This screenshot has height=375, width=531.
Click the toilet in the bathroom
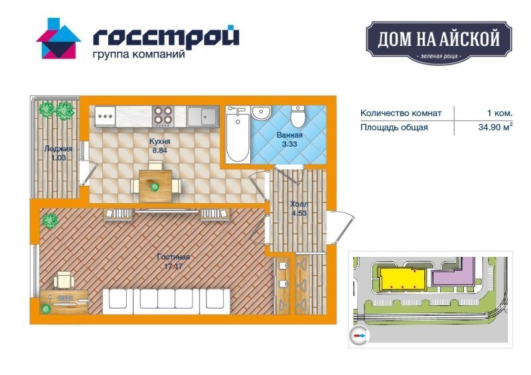pyautogui.click(x=298, y=116)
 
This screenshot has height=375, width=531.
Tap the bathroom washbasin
pyautogui.click(x=262, y=112)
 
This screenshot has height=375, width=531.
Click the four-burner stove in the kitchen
pyautogui.click(x=163, y=117)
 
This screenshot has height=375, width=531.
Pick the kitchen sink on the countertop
pyautogui.click(x=202, y=117)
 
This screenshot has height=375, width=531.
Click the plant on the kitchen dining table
pyautogui.click(x=155, y=187)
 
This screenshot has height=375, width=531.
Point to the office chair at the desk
pyautogui.click(x=64, y=280)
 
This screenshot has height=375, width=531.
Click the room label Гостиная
pyautogui.click(x=173, y=257)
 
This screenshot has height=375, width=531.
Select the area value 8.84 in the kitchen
pyautogui.click(x=159, y=151)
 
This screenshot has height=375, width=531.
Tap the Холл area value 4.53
pyautogui.click(x=299, y=214)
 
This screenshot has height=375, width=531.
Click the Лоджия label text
pyautogui.click(x=58, y=149)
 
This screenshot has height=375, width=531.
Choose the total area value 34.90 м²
pyautogui.click(x=495, y=127)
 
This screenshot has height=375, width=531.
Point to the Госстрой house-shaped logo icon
pyautogui.click(x=58, y=38)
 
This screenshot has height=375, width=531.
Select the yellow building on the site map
pyautogui.click(x=402, y=279)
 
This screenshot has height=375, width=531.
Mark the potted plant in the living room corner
pyautogui.click(x=50, y=221)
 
